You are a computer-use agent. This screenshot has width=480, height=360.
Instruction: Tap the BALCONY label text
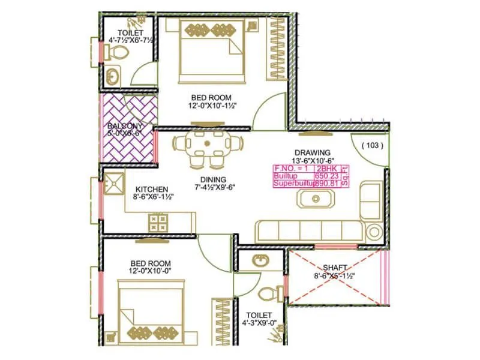point(125,127)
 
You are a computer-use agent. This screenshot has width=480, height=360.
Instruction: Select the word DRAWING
point(311,152)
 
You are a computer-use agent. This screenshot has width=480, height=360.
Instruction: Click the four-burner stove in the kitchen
point(158,223)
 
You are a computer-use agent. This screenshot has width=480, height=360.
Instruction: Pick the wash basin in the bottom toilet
point(260,260)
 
